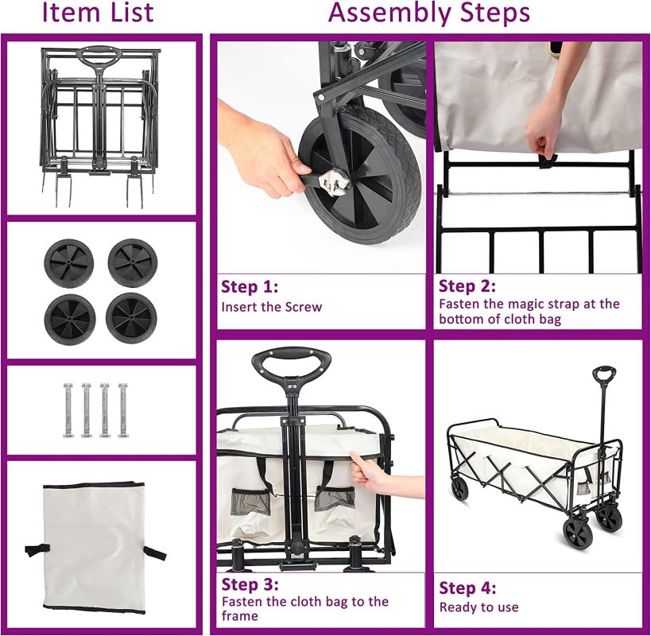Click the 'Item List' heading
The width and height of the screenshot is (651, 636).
pyautogui.click(x=99, y=12)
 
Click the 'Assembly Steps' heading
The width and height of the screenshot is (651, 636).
pyautogui.click(x=429, y=13)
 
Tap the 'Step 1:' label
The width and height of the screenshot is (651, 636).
pyautogui.click(x=250, y=287)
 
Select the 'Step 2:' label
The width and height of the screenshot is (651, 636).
pyautogui.click(x=467, y=286)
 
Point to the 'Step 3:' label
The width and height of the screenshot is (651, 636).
pyautogui.click(x=250, y=584)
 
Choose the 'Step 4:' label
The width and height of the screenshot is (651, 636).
pyautogui.click(x=467, y=588)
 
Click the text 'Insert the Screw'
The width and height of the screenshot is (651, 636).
pyautogui.click(x=272, y=307)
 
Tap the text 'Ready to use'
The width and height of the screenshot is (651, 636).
pyautogui.click(x=479, y=607)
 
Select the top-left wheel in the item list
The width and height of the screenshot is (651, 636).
pyautogui.click(x=69, y=263)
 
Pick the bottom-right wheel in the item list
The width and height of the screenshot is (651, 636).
pyautogui.click(x=131, y=318)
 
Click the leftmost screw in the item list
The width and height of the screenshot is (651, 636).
pyautogui.click(x=68, y=410)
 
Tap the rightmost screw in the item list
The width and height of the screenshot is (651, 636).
pyautogui.click(x=123, y=410)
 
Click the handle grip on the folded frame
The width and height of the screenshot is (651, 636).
pyautogui.click(x=99, y=56)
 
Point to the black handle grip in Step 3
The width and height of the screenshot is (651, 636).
pyautogui.click(x=291, y=359)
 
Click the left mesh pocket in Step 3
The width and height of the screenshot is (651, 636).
pyautogui.click(x=250, y=502)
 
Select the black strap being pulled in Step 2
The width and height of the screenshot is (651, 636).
pyautogui.click(x=547, y=161)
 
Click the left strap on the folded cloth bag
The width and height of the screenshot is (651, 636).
pyautogui.click(x=37, y=549)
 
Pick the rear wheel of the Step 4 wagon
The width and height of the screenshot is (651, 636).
pyautogui.click(x=459, y=489)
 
